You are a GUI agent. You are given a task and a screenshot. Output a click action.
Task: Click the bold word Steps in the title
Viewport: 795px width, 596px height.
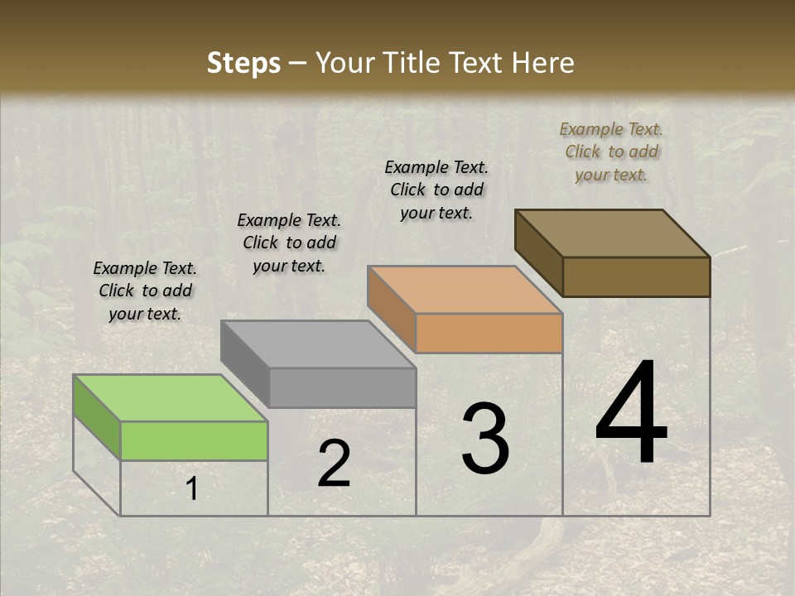[x=243, y=63]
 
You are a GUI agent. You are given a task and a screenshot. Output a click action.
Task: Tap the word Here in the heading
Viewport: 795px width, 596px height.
[x=544, y=63]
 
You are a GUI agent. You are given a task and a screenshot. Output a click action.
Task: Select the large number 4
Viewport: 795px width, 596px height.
[x=631, y=413]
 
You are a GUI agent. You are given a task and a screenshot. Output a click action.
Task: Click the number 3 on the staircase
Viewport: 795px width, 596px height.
[x=485, y=439]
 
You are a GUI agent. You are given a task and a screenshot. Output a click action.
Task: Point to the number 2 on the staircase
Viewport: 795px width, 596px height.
[x=334, y=464]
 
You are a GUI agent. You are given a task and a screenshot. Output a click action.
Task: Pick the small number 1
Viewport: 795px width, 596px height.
[x=191, y=489]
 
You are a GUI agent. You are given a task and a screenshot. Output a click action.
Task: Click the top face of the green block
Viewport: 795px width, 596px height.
[x=171, y=398]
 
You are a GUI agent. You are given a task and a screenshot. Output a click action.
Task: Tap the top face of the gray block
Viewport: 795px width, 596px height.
[x=318, y=344]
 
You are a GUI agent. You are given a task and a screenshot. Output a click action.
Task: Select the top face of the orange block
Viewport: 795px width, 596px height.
[x=465, y=290]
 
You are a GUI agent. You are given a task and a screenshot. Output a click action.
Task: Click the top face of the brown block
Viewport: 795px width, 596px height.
[x=612, y=233]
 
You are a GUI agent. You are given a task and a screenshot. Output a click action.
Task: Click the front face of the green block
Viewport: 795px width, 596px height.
[x=194, y=440]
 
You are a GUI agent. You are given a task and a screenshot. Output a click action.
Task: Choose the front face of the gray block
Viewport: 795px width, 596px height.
[x=342, y=387]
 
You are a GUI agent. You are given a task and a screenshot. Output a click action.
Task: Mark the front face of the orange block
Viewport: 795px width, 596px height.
[x=489, y=334]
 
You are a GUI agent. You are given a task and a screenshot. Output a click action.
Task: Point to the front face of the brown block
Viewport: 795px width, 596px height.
[x=636, y=276]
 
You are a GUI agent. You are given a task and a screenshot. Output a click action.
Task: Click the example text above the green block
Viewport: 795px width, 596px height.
[x=145, y=291]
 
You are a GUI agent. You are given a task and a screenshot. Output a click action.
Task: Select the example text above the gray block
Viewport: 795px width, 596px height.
[x=289, y=243]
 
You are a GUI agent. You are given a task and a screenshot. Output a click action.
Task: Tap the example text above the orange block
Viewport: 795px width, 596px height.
[x=436, y=190]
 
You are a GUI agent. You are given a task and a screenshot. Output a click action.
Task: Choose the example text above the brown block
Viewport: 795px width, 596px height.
[x=611, y=151]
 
